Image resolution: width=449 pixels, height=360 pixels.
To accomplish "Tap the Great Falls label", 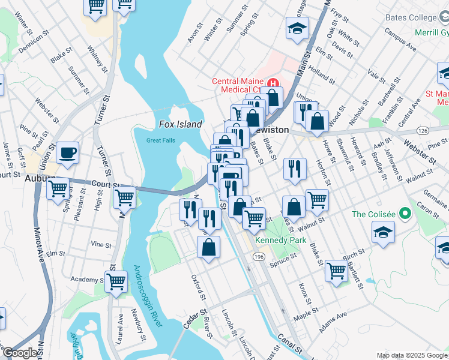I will [x=161, y=141].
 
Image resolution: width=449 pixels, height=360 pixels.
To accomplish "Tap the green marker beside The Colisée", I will [x=405, y=214].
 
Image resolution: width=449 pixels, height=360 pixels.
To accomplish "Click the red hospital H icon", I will [x=274, y=82].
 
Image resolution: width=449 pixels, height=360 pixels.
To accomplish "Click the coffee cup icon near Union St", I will [x=68, y=152].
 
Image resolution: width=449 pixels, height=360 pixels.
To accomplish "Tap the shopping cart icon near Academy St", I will [x=116, y=280].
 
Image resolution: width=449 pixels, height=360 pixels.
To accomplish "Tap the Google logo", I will [x=20, y=353].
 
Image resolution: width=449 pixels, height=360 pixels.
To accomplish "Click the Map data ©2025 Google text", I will [x=411, y=355].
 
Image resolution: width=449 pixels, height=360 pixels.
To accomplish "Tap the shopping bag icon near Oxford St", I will [x=208, y=247].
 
